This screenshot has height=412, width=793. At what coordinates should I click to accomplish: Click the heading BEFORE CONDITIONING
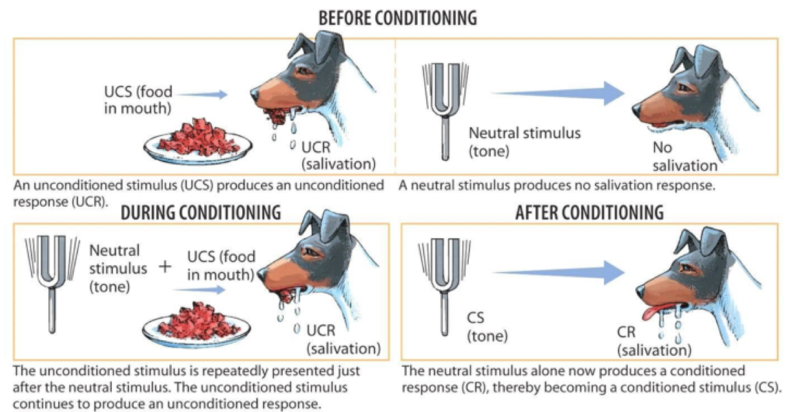pos(397,18)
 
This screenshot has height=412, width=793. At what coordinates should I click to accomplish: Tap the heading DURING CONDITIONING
pos(201,212)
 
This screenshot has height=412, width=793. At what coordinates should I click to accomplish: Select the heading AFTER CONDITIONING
pos(589,212)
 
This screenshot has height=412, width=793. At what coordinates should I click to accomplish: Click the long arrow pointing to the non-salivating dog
pos(555,93)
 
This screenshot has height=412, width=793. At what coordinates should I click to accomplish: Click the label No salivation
pos(685,157)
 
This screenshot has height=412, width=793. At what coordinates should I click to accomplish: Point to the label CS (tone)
pos(486,327)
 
